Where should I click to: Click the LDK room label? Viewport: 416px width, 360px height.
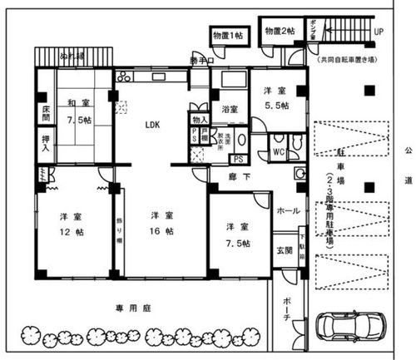click(152, 126)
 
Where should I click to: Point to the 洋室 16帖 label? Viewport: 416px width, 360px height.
click(161, 222)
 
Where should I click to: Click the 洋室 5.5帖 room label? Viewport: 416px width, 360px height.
click(275, 97)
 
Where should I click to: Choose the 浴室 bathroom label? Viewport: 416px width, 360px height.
click(230, 109)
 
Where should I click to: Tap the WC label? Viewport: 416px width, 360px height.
click(279, 153)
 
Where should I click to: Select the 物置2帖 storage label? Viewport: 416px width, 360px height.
click(279, 31)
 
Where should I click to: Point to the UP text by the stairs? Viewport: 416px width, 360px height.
click(379, 32)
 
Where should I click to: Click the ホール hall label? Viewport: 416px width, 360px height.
click(288, 210)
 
